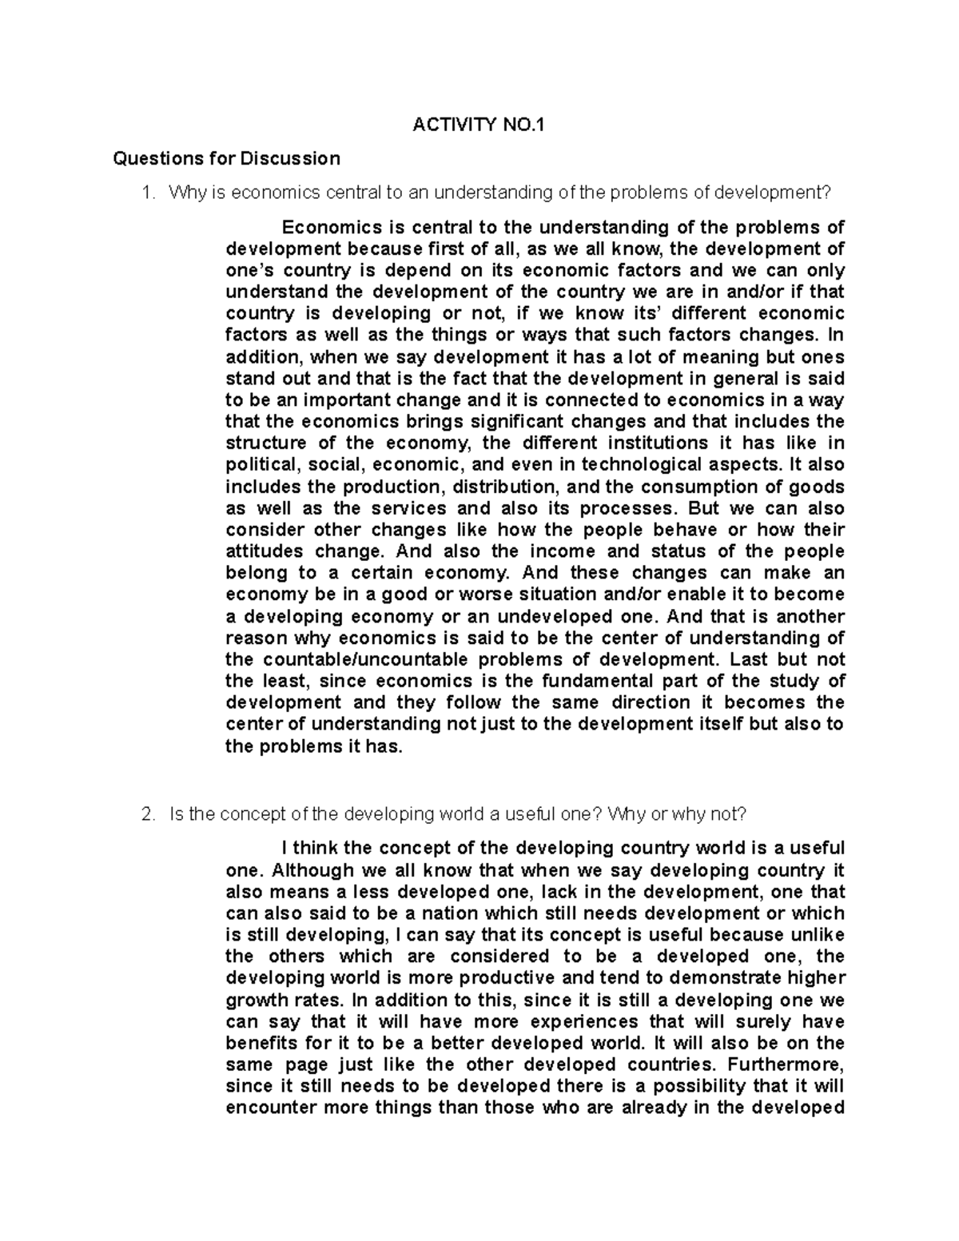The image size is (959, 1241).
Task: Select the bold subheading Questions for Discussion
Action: coord(227,158)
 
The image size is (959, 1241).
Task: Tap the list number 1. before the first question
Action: coord(146,193)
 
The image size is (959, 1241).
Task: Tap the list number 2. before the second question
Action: coord(146,814)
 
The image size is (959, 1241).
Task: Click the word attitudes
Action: coord(265,551)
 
